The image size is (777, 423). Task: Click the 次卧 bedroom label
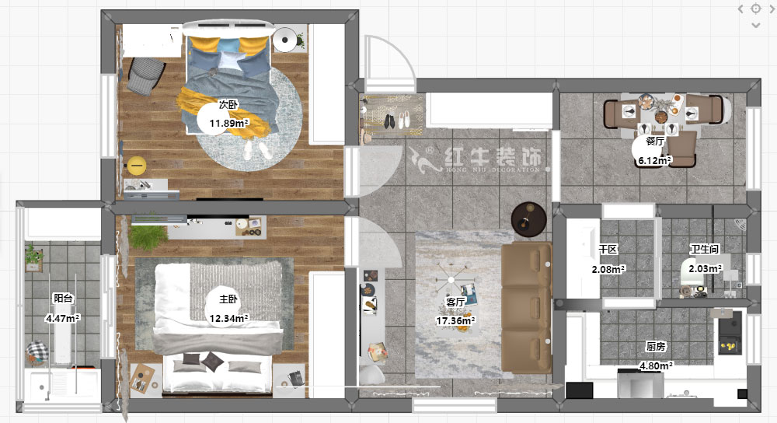pos(228,105)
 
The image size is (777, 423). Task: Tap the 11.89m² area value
pos(229,123)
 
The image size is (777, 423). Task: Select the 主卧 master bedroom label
pos(228,299)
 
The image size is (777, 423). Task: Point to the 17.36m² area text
pos(455,321)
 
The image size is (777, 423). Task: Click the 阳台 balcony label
pos(63,298)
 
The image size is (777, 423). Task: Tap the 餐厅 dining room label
pos(654,142)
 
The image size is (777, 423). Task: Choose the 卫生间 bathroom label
pos(705,249)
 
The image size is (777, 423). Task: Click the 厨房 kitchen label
pos(656,347)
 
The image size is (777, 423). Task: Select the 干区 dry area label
pos(608,250)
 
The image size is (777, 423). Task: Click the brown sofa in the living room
pos(527,307)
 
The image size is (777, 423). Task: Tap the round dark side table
pos(528,219)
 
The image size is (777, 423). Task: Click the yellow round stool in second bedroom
pos(136,166)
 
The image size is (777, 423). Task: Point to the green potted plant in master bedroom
pos(147,236)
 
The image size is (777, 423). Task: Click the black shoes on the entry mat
pos(389,121)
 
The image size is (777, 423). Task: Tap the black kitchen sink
pos(730,336)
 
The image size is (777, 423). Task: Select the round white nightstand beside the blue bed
pos(285,40)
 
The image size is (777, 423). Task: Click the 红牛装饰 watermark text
pos(493,157)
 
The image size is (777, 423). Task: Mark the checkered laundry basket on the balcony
pos(37,352)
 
